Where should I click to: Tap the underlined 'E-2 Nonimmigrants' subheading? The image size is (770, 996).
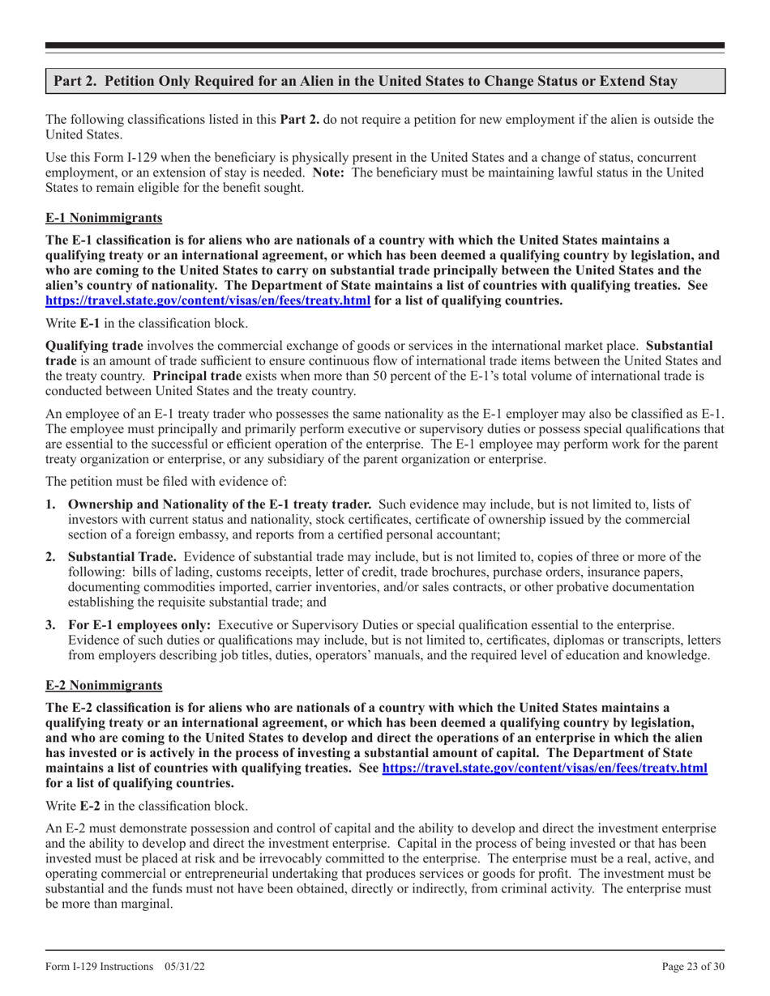[103, 685]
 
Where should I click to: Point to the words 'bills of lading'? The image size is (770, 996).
[156, 572]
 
